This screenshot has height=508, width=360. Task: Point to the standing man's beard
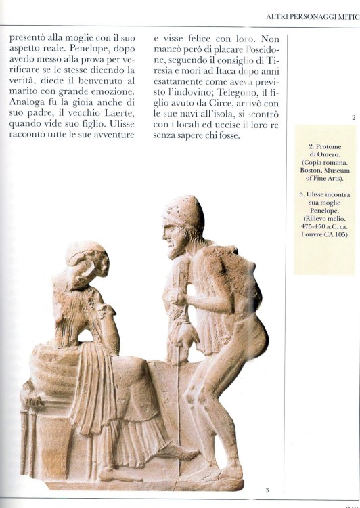click(x=177, y=248)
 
